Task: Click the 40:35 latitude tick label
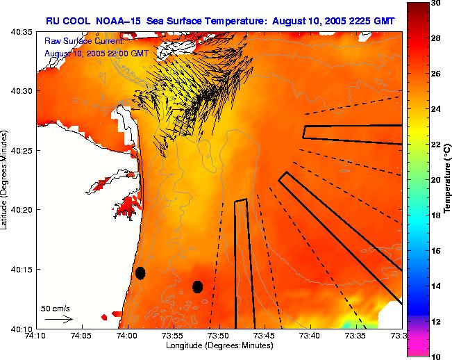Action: [23, 32]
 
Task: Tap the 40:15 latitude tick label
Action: [23, 269]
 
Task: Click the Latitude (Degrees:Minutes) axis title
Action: [6, 180]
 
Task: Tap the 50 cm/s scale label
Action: [56, 308]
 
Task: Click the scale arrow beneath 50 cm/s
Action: [59, 319]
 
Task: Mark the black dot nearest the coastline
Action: [140, 273]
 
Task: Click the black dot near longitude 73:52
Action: [197, 286]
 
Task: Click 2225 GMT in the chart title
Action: [369, 21]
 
